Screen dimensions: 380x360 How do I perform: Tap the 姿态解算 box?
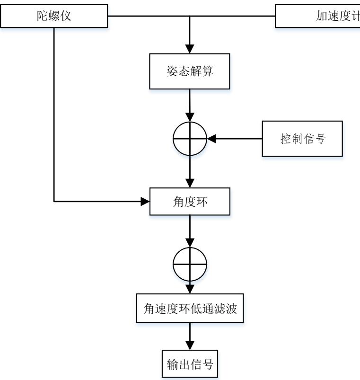pyautogui.click(x=190, y=71)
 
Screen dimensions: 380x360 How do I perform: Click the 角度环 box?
pyautogui.click(x=190, y=202)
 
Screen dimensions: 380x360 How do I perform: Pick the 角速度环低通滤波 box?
pyautogui.click(x=190, y=309)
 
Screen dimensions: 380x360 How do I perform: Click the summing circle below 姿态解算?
pyautogui.click(x=190, y=139)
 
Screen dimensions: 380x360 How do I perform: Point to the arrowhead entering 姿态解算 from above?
pyautogui.click(x=190, y=50)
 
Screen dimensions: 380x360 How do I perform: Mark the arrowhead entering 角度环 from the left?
pyautogui.click(x=145, y=202)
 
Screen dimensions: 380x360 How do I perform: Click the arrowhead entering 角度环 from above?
pyautogui.click(x=190, y=183)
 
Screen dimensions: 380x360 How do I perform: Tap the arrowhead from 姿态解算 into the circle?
pyautogui.click(x=190, y=117)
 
